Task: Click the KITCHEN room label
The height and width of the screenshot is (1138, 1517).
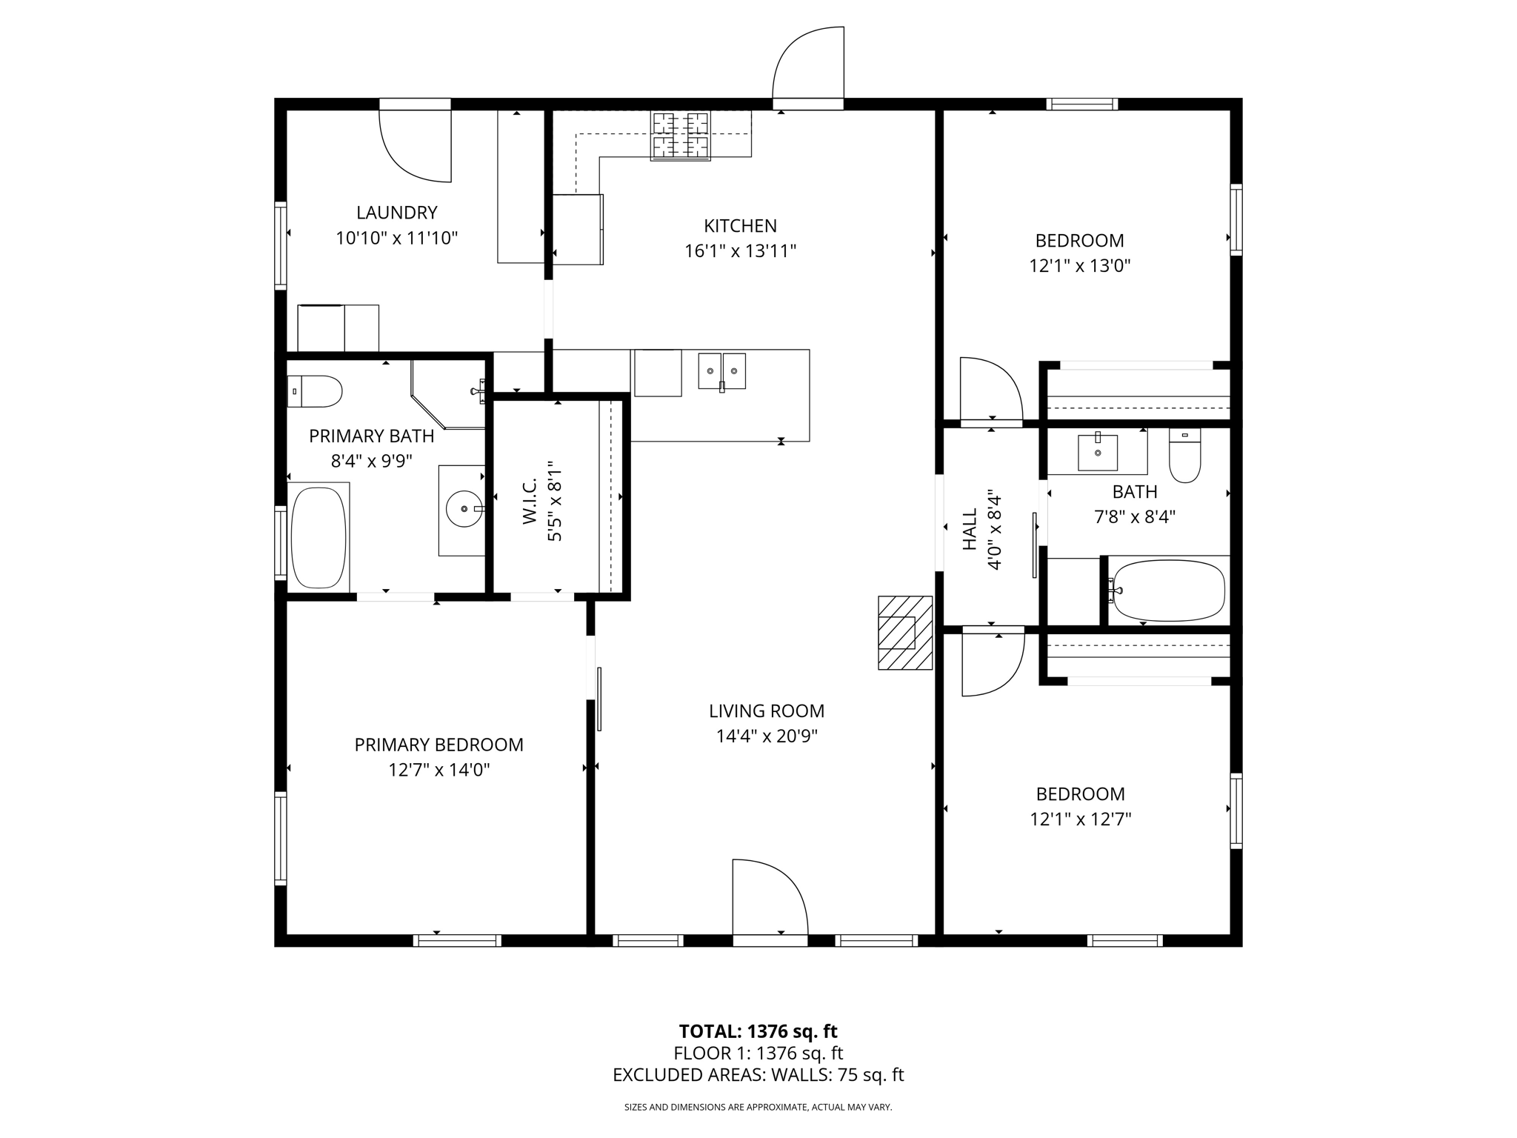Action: [740, 226]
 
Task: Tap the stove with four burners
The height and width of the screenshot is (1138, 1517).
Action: [680, 136]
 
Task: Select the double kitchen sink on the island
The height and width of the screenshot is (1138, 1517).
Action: [721, 371]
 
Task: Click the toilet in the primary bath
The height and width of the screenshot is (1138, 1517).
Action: [316, 391]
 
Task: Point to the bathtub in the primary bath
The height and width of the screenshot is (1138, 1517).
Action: [319, 537]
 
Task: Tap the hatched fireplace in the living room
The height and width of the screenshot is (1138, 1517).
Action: [904, 633]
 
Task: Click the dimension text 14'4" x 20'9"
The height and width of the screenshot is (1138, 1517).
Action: [766, 736]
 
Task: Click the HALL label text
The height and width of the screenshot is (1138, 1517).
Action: [970, 529]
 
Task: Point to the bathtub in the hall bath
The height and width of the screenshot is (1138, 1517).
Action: [1169, 590]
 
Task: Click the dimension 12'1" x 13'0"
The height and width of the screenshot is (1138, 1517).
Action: [1079, 266]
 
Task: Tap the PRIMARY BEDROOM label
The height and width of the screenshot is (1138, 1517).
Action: [439, 745]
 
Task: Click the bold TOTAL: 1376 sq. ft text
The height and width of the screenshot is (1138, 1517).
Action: [758, 1031]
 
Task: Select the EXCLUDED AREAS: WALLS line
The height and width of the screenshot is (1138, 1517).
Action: [758, 1075]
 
